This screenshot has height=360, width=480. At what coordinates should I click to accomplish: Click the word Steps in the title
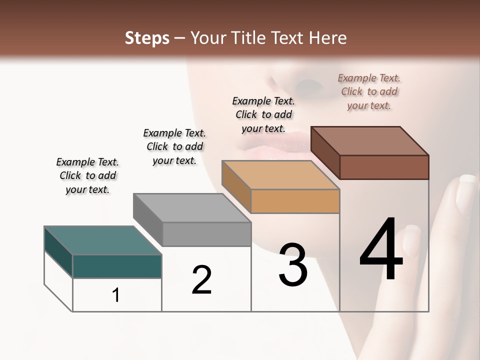[147, 38]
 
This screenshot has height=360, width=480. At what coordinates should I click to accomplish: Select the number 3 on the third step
[292, 265]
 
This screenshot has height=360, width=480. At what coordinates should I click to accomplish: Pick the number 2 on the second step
[201, 280]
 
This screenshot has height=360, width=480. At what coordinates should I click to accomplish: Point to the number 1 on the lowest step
[116, 295]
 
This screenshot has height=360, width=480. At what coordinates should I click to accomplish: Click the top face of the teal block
[102, 240]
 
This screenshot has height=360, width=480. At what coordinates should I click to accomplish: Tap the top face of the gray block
[191, 207]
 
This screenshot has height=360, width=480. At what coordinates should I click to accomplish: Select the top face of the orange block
[280, 175]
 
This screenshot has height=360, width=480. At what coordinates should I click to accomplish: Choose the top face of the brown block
[370, 141]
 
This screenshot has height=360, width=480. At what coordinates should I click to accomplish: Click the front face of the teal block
[117, 266]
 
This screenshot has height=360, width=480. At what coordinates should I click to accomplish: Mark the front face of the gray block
[206, 234]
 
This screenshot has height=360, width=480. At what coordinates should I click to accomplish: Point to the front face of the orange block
[295, 201]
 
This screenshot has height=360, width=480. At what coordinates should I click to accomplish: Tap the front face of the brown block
[384, 167]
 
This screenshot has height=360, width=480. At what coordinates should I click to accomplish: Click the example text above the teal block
[87, 175]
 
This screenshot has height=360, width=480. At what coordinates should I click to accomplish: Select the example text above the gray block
[174, 146]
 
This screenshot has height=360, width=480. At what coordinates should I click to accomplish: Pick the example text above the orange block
[263, 114]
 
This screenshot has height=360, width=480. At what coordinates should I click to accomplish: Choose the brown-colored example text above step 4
[369, 91]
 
